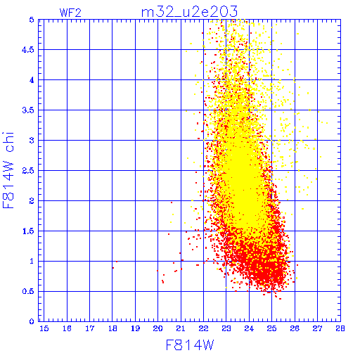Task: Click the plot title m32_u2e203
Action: (189, 12)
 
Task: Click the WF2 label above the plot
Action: (70, 13)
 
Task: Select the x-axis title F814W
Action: (190, 345)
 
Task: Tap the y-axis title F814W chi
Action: (8, 170)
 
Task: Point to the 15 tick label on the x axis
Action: (44, 328)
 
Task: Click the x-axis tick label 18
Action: (112, 328)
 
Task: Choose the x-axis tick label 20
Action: (157, 328)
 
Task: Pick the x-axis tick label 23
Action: (226, 328)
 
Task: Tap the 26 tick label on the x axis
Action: (295, 328)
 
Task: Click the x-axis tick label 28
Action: (340, 328)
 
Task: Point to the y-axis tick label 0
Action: (32, 321)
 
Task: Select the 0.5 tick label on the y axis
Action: (28, 291)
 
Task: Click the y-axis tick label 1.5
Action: (28, 231)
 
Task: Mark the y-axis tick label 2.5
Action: (28, 171)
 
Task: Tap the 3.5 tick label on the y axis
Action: (28, 110)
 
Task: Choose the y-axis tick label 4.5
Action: (28, 50)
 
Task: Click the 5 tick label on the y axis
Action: (32, 20)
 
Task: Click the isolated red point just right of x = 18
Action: (117, 262)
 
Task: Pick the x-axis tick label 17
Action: (90, 328)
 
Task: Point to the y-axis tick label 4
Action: (32, 80)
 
